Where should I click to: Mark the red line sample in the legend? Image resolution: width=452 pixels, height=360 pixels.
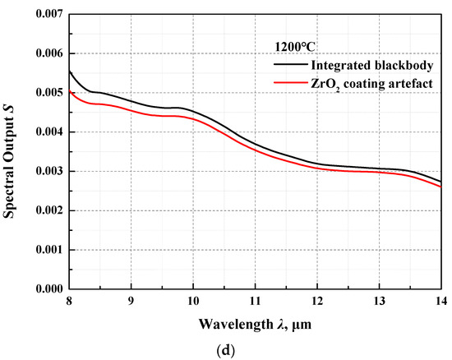(x=289, y=83)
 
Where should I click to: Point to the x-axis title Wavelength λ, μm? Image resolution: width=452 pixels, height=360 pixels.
(x=255, y=325)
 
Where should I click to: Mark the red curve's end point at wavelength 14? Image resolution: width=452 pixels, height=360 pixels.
(x=441, y=187)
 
